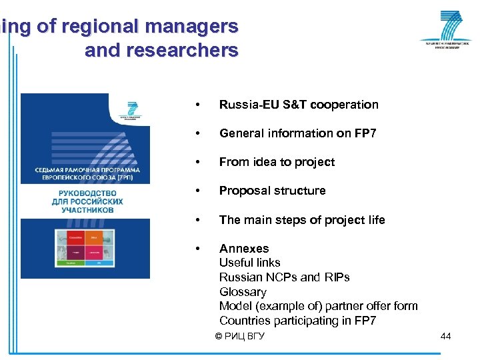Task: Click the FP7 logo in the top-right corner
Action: pos(445,30)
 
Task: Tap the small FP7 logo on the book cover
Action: pos(131,110)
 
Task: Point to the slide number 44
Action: pos(445,336)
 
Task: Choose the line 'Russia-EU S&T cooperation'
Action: pos(298,105)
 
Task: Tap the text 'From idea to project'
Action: pos(277,162)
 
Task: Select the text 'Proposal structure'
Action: pos(272,191)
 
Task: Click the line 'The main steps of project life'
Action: pos(301,220)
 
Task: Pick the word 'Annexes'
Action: pos(244,249)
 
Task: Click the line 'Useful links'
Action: pos(249,263)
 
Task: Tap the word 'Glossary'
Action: pos(243,292)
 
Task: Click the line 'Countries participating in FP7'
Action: pos(297,321)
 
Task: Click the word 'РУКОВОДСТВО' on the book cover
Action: pos(85,192)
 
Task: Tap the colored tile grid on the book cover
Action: pos(85,248)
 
